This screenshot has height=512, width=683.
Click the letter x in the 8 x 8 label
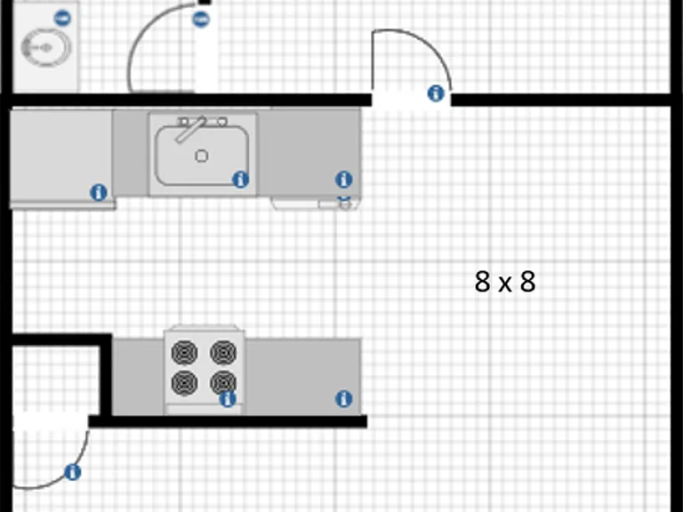tap(505, 284)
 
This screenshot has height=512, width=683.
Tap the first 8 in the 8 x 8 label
tap(482, 281)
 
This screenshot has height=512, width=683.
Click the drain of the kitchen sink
tap(201, 156)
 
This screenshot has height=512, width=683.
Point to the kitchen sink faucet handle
tap(190, 129)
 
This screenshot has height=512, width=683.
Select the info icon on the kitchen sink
tap(240, 180)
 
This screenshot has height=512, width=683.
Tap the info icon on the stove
tap(228, 399)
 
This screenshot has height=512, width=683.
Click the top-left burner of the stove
tap(184, 353)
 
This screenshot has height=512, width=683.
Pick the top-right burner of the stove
tap(223, 352)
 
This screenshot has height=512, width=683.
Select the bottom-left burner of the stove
tap(184, 383)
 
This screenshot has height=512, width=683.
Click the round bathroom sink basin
tap(45, 47)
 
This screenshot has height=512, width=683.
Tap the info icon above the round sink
tap(62, 19)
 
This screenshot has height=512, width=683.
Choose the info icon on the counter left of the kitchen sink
tap(99, 192)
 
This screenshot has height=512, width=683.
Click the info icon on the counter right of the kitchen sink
tap(343, 180)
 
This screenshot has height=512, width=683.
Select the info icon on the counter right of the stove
tap(343, 399)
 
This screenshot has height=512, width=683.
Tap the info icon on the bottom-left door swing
tap(72, 472)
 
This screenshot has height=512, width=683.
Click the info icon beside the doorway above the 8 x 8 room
tap(436, 93)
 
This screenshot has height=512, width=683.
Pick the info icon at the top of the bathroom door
tap(201, 20)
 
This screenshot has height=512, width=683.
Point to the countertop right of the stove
tap(303, 377)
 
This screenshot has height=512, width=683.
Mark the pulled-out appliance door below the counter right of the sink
tap(316, 204)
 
